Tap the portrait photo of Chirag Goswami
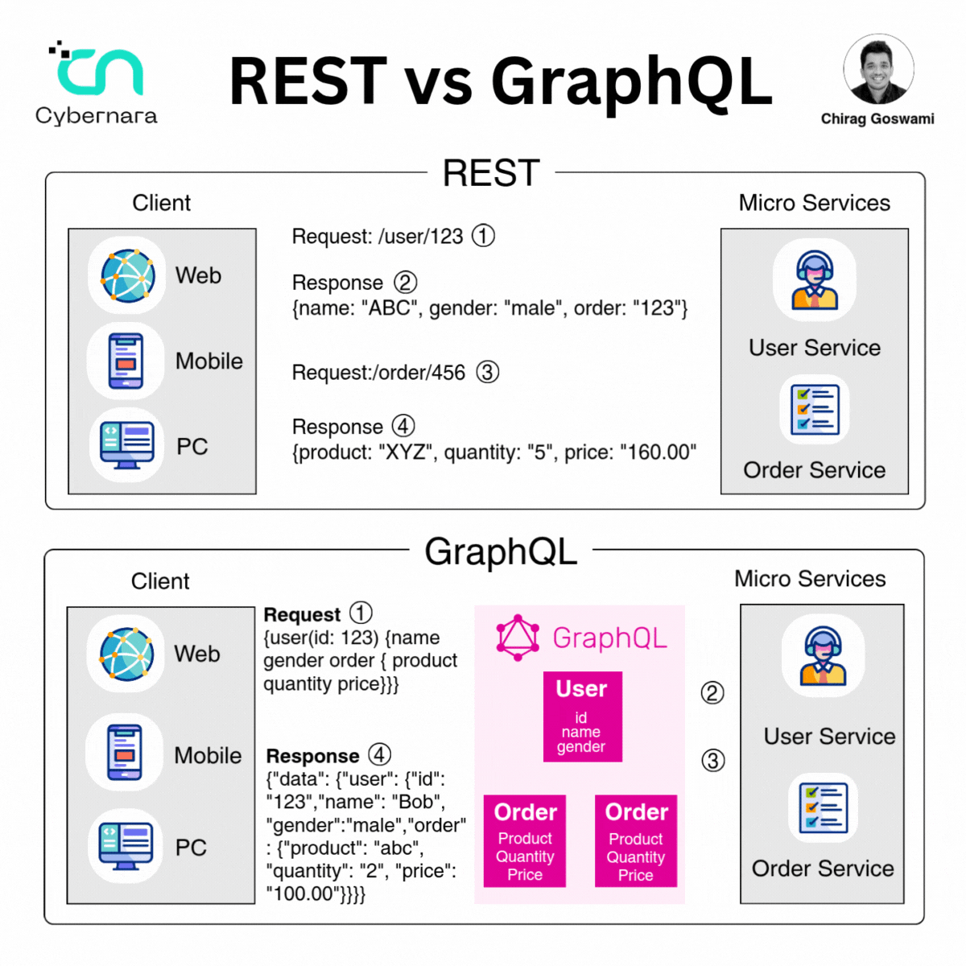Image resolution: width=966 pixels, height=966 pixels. pos(877,69)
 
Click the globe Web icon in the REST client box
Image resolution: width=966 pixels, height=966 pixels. pos(128,276)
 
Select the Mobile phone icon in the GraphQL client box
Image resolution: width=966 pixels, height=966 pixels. pos(125,752)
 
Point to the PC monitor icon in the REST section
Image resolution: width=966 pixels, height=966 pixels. pos(126,445)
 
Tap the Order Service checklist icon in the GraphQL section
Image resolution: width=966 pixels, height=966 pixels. pos(824,808)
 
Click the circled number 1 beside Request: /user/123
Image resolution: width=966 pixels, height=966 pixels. pos(483,236)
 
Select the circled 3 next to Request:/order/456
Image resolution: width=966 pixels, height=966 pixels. pos(487,373)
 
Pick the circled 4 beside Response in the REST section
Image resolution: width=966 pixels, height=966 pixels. pos(403,426)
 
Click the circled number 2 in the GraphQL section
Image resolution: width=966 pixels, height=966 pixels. pos(712,693)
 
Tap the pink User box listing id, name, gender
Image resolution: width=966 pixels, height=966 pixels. pos(583,716)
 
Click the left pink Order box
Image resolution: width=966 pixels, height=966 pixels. pos(524,840)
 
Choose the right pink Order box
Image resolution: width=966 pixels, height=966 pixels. pos(636,840)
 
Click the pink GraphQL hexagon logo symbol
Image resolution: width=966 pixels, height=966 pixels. pos(518,638)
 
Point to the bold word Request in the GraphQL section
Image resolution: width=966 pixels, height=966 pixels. pos(302,614)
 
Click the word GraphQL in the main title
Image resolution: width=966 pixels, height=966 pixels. pos(632,82)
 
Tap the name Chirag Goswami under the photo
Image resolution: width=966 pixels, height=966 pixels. pos(877,119)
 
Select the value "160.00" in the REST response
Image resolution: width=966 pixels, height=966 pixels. pos(658,452)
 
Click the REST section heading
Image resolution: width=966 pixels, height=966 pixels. pos(491,172)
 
